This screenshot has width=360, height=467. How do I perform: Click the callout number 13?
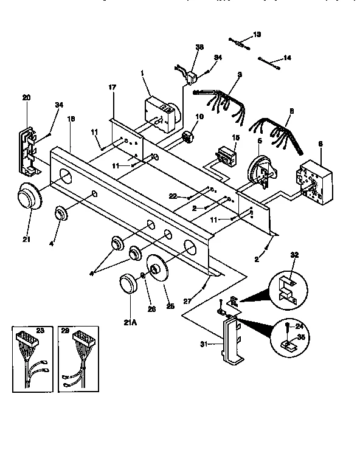(x=257, y=35)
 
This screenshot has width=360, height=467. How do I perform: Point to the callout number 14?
(x=288, y=58)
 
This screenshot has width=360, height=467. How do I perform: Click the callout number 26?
(x=152, y=308)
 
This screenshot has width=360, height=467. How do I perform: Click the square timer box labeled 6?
(x=313, y=179)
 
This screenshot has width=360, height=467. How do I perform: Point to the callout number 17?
(x=112, y=88)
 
